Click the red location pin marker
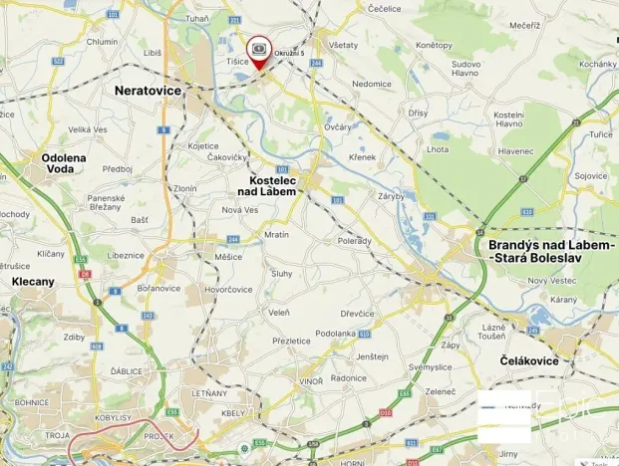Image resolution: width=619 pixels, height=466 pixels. point(259,51)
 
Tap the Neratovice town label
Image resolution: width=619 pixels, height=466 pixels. point(148,90)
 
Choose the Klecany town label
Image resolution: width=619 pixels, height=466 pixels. point(33,282)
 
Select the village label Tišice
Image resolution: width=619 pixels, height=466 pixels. point(237,62)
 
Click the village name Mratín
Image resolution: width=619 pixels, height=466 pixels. point(276,235)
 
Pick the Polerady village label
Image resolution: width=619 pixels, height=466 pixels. point(354,241)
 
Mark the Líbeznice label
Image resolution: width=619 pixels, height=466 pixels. point(127,255)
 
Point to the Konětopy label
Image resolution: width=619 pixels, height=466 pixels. point(434,45)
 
